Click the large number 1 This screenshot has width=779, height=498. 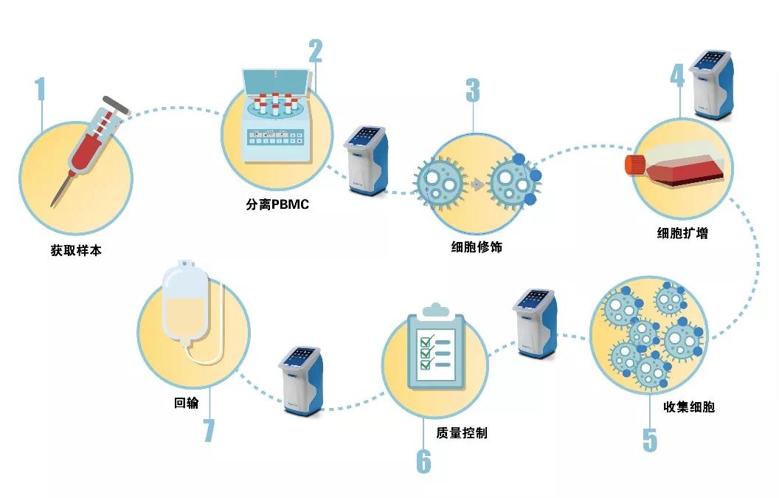pos(40,89)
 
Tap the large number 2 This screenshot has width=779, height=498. pos(315,50)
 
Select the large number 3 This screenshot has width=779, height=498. pos(472,89)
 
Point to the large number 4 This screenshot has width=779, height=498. pos(676,75)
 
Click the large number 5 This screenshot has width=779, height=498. pos(649,439)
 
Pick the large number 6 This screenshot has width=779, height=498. pos(423,461)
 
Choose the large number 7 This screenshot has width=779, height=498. pos(209,430)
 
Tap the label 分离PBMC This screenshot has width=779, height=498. pos(277,204)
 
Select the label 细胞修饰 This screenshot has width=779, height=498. pos(477,248)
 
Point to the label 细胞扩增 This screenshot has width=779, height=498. pos(682,234)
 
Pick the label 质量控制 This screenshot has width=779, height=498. pos(462,433)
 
